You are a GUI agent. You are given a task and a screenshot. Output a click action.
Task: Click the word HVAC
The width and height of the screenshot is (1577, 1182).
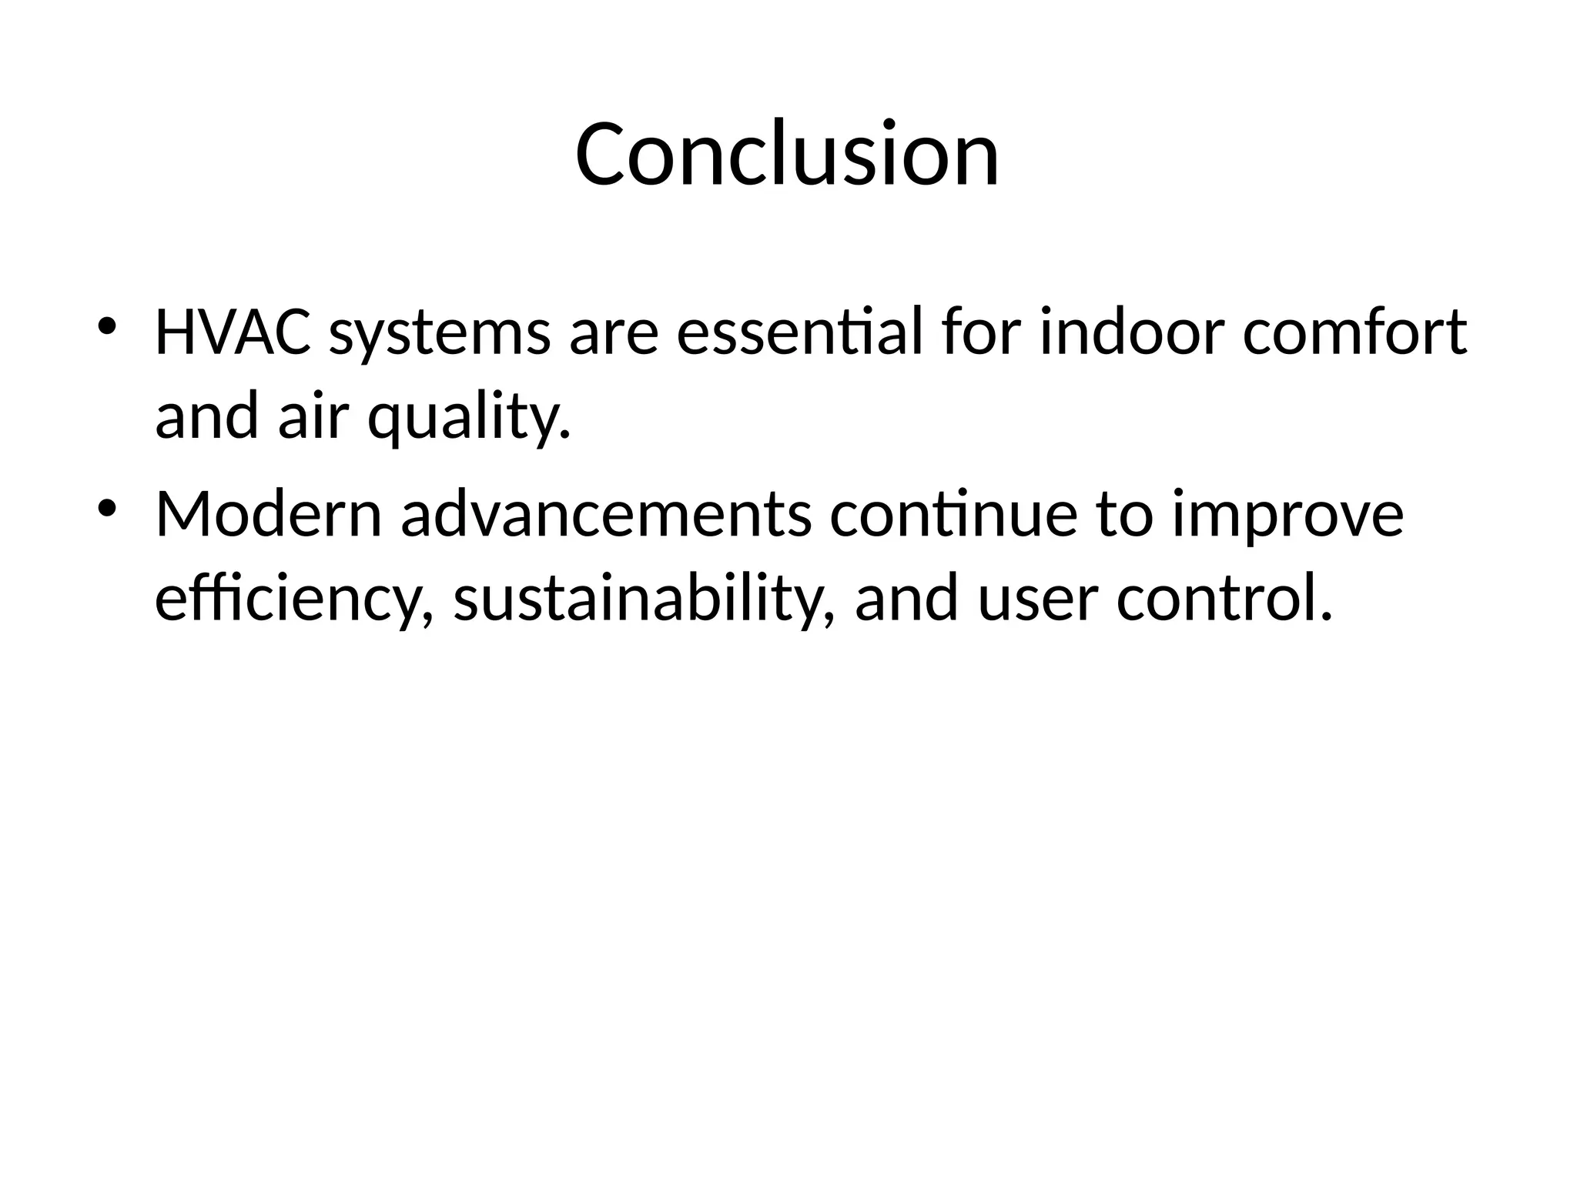pyautogui.click(x=233, y=333)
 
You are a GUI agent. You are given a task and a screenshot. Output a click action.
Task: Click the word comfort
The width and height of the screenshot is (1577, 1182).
pyautogui.click(x=1354, y=333)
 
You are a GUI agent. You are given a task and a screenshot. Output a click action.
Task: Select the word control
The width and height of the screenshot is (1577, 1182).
pyautogui.click(x=1224, y=599)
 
